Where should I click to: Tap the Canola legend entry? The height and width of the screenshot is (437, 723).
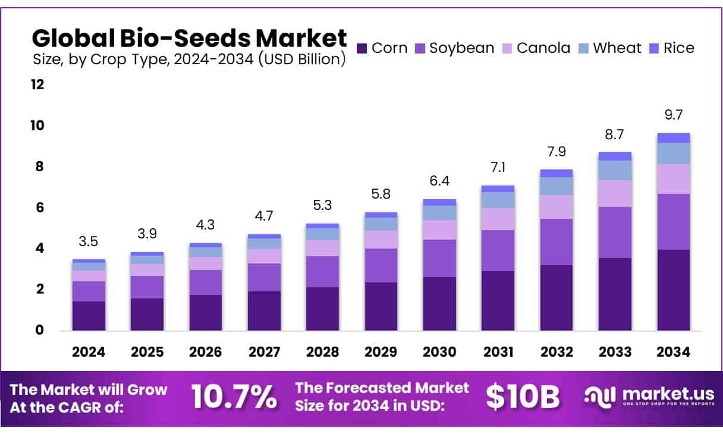(x=536, y=48)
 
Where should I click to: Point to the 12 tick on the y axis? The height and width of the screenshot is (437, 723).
(x=37, y=84)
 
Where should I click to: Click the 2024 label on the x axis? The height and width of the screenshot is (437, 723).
(x=89, y=352)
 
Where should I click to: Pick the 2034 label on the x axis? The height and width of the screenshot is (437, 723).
(x=673, y=352)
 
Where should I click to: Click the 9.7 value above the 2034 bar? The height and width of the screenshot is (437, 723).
(x=673, y=115)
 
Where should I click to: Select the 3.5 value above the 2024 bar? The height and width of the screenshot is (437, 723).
(x=89, y=241)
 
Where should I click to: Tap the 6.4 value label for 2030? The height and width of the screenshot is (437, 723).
(x=439, y=181)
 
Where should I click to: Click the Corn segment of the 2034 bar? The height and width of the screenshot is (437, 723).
(x=673, y=290)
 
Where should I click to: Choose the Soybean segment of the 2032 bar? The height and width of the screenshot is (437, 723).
(x=556, y=242)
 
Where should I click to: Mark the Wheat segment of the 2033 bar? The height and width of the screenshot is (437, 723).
(x=615, y=171)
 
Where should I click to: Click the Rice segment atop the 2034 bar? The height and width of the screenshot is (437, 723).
(x=673, y=138)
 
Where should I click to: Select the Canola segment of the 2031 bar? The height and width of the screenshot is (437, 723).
(x=498, y=219)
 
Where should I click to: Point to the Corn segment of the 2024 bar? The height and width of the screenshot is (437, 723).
(x=89, y=316)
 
